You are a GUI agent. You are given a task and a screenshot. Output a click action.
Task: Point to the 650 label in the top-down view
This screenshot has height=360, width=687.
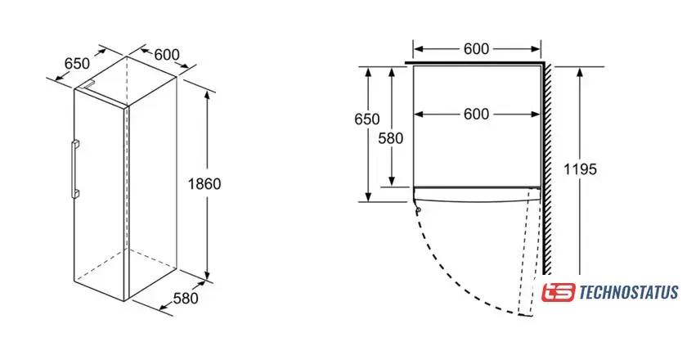(367, 119)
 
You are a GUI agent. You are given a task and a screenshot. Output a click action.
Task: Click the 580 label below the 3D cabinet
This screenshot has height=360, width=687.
(185, 299)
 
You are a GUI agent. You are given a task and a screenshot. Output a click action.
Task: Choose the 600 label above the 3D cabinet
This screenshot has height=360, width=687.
(166, 55)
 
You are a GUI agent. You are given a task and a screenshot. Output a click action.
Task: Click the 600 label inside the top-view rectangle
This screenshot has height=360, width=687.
(476, 115)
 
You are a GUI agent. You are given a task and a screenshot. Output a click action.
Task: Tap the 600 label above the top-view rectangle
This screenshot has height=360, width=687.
(476, 49)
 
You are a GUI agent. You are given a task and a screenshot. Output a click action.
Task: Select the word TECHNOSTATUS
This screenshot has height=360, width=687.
(628, 292)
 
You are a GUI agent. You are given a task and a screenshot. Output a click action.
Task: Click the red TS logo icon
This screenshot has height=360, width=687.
(559, 292)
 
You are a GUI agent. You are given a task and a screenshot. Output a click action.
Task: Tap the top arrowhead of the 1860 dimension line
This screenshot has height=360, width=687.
(207, 92)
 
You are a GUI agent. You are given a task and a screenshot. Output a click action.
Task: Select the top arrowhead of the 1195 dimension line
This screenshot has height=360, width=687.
(579, 69)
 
